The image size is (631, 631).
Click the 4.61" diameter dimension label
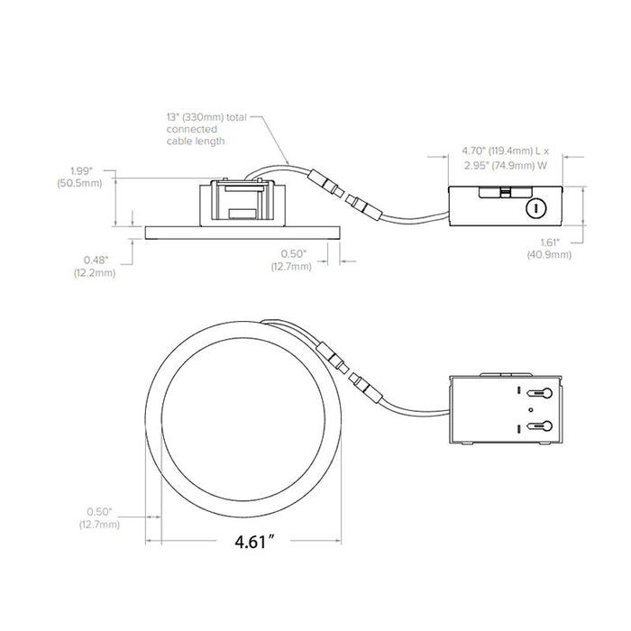(256, 542)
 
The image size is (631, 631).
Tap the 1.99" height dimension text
(81, 171)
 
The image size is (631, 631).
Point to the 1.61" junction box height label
(550, 242)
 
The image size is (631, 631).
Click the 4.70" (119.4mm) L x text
(506, 151)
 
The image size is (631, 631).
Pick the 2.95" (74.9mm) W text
(506, 165)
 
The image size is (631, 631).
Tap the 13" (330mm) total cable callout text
(206, 117)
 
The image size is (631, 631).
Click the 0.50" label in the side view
(293, 253)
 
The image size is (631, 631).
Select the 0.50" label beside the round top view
(99, 511)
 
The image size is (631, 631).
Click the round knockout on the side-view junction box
(536, 208)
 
